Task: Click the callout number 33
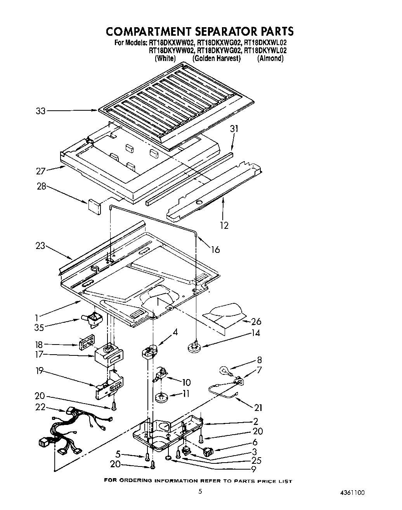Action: (x=40, y=111)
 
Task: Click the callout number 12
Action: (x=224, y=225)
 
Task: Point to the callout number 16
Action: (x=215, y=249)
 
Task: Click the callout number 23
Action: (x=40, y=245)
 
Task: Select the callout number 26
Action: (x=256, y=321)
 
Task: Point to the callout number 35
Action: (x=39, y=327)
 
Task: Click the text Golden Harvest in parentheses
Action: (x=217, y=58)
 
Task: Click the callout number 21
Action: (x=258, y=407)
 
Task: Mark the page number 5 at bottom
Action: (x=200, y=491)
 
